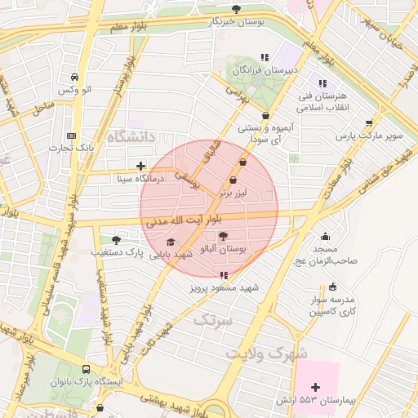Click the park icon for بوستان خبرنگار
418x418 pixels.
tap(236, 9)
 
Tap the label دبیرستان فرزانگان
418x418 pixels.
tap(261, 71)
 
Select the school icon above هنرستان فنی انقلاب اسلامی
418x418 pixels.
tap(322, 83)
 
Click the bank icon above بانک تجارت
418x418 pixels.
tap(71, 136)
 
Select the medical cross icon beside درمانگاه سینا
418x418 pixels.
tap(141, 166)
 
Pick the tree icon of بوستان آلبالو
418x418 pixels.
tap(224, 236)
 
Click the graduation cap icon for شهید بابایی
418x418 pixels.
tap(170, 242)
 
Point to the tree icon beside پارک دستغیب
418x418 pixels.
tap(116, 240)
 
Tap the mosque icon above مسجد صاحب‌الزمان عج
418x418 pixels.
tap(326, 237)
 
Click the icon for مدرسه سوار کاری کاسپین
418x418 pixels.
tap(332, 287)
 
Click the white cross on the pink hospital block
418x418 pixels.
tap(316, 385)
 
